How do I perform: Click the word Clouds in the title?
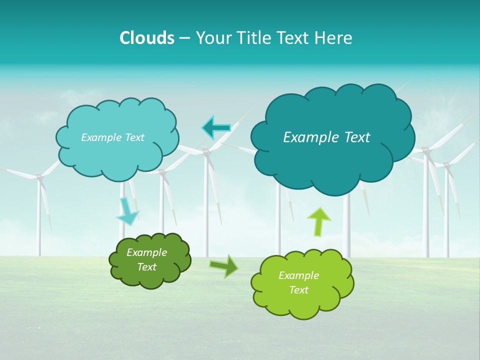[x=147, y=38]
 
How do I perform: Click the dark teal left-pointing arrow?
[x=216, y=128]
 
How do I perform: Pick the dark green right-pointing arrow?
[x=224, y=265]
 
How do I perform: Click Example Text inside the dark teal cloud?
[x=326, y=137]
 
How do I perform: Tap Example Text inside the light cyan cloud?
[x=112, y=137]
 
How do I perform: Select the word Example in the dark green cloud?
[x=146, y=252]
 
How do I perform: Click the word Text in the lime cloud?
[x=298, y=290]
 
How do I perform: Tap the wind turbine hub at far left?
[x=38, y=176]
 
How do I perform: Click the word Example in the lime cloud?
[x=298, y=275]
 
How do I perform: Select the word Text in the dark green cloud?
[x=146, y=267]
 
